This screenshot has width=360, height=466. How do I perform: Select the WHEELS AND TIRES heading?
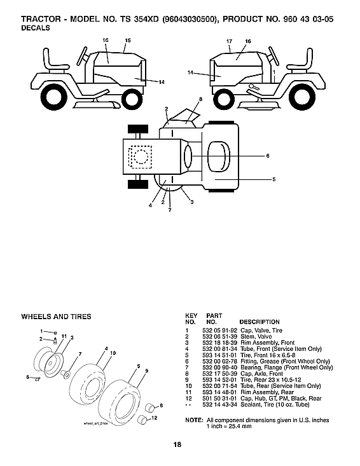(56, 317)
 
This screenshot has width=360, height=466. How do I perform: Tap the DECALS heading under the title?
(36, 29)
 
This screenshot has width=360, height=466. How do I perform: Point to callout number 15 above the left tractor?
(127, 41)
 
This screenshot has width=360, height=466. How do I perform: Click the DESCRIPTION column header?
(260, 322)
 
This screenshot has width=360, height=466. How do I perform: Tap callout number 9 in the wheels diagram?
(146, 371)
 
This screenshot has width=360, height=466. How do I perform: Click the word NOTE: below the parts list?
(193, 420)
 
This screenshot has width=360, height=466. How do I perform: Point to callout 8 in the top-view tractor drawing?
(200, 100)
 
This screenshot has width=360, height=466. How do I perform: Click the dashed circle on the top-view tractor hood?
(139, 156)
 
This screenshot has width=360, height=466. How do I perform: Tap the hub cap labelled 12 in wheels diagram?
(144, 418)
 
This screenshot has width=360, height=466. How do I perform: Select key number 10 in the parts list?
(188, 385)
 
